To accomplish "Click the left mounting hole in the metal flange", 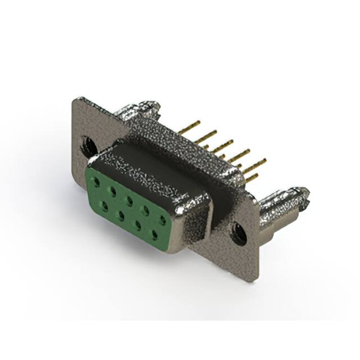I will [x=88, y=145].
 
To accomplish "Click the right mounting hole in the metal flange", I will [x=238, y=232].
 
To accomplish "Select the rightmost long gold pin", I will [x=255, y=164].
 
